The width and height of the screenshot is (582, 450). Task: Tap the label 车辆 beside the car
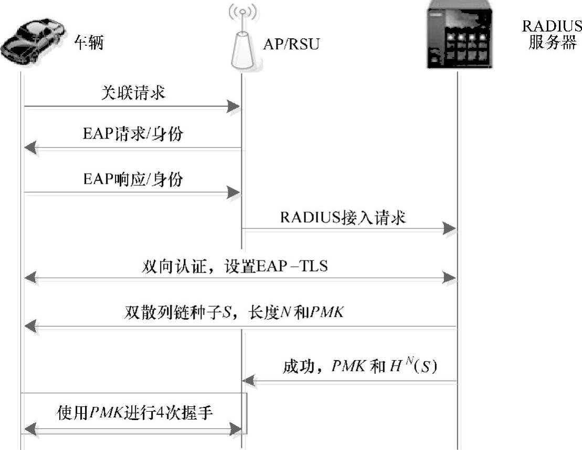pos(89,43)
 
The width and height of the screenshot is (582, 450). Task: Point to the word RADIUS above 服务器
pos(552,27)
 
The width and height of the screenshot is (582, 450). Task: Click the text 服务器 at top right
pos(552,43)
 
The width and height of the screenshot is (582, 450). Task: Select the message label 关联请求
pos(133,93)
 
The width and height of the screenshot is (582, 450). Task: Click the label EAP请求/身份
pos(133,134)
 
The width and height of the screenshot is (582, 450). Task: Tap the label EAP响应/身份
pos(133,180)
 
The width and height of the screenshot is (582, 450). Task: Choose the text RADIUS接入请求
pos(343,217)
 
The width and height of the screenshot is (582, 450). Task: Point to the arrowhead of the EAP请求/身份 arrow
pos(31,149)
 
